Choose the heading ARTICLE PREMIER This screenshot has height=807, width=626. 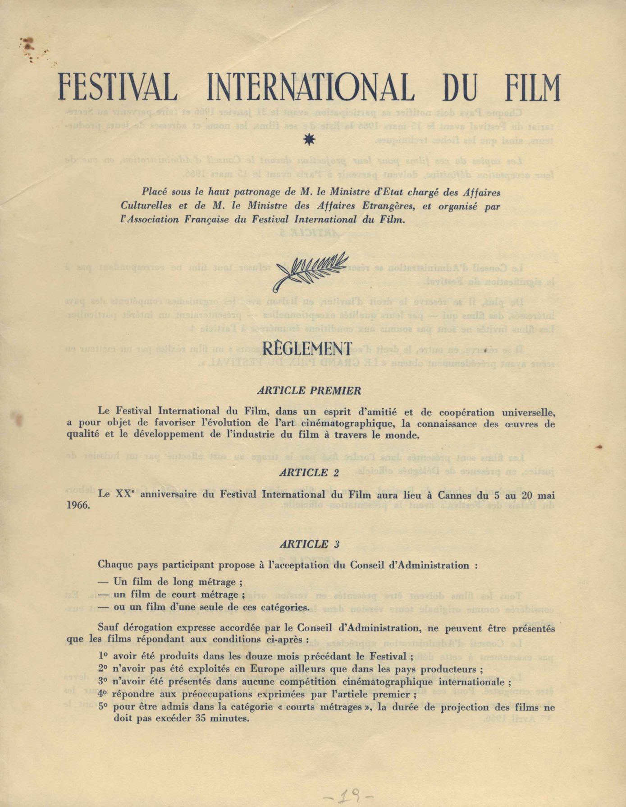[x=309, y=391]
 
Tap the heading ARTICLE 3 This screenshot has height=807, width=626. [x=309, y=544]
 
